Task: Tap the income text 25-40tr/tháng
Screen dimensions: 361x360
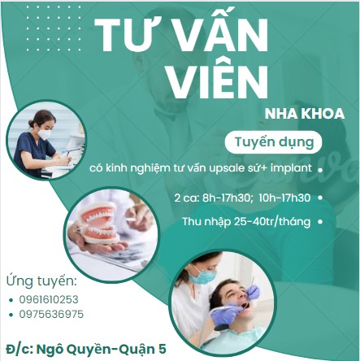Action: pyautogui.click(x=272, y=221)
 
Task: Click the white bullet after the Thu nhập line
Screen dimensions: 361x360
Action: pyautogui.click(x=323, y=221)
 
